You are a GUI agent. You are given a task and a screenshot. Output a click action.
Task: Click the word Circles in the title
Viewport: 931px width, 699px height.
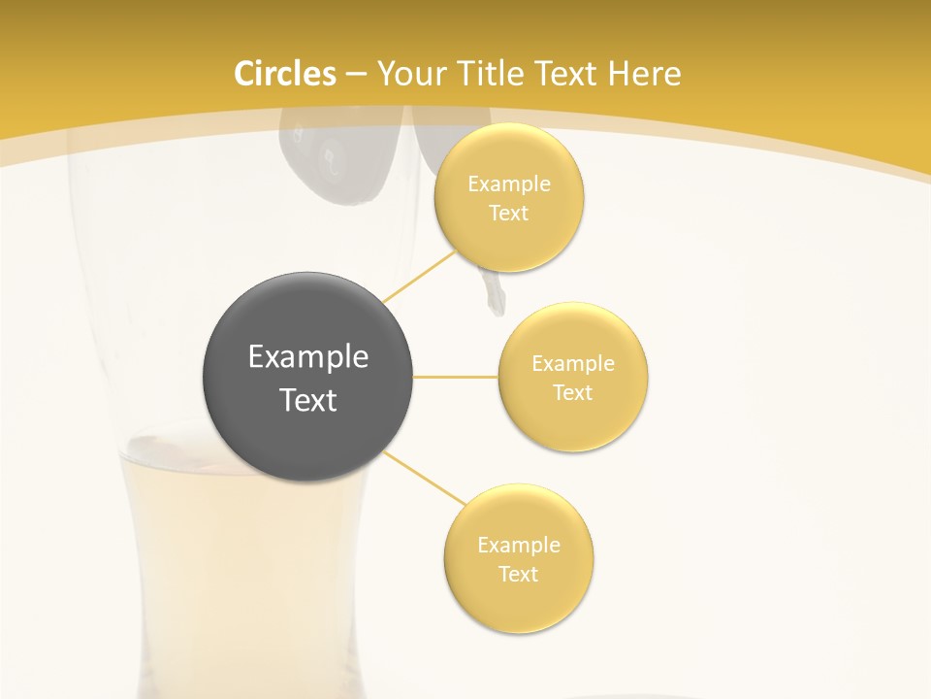(285, 74)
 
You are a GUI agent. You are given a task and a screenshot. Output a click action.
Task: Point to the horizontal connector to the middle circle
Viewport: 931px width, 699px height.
(456, 377)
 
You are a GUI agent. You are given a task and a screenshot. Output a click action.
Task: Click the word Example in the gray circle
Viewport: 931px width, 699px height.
(307, 357)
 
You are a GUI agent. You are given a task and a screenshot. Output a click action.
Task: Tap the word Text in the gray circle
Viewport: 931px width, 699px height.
(307, 400)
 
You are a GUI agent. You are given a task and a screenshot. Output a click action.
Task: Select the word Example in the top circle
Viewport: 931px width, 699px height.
(508, 184)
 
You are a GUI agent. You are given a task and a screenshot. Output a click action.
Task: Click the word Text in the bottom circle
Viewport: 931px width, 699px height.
(519, 574)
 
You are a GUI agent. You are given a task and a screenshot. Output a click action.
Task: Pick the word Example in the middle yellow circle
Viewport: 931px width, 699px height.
(573, 364)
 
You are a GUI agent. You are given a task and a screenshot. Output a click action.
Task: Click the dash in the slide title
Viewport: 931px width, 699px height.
(356, 75)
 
